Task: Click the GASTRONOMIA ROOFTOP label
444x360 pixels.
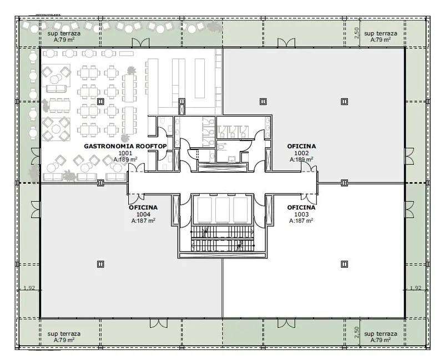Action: point(125,146)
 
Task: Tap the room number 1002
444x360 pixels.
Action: point(301,153)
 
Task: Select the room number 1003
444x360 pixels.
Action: point(301,214)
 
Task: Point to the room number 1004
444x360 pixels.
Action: point(143,214)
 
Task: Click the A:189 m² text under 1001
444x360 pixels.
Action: point(125,159)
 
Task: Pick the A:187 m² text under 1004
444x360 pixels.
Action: point(143,221)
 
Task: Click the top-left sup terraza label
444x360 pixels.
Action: point(64,33)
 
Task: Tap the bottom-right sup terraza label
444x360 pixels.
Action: point(381,334)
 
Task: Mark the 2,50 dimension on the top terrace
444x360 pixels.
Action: point(357,33)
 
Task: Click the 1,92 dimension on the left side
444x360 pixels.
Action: point(29,288)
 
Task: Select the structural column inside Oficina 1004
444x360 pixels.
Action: point(100,264)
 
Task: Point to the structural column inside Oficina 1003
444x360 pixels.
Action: point(344,264)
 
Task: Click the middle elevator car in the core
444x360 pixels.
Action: point(223,210)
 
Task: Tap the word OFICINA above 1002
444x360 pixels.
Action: point(301,146)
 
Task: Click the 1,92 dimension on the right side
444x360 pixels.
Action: point(416,288)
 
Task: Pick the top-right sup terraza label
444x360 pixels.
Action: point(381,33)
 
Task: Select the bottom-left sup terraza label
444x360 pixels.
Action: point(64,334)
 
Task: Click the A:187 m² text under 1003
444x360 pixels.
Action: point(301,221)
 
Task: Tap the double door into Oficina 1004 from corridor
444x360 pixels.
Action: point(137,198)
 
